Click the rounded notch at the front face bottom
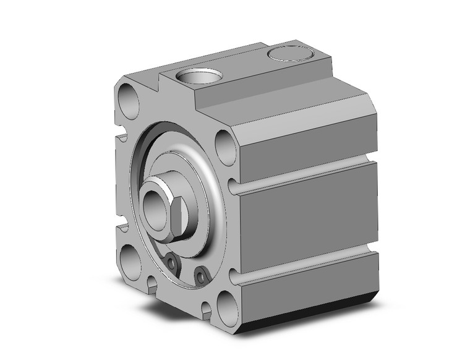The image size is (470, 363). point(152,284)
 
